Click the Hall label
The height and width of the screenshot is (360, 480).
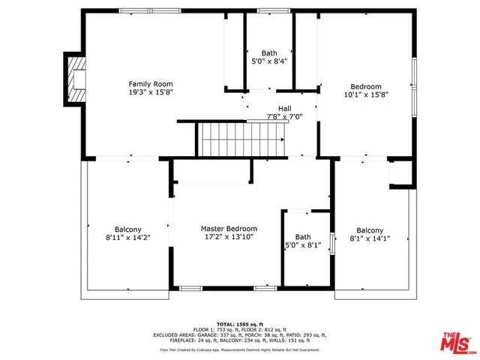pos(284,108)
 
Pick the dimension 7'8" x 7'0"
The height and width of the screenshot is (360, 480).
pos(284,117)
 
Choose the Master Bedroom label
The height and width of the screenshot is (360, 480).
pos(229,228)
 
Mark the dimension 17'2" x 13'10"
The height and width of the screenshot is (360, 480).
pos(229,237)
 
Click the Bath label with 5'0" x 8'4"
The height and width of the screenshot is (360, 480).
pos(268,53)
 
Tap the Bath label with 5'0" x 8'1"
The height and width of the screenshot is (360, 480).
pos(302,236)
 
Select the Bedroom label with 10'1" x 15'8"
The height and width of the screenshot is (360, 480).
pos(366,86)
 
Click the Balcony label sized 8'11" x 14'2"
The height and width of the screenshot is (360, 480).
pos(128,229)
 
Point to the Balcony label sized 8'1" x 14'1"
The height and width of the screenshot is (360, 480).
pos(370,230)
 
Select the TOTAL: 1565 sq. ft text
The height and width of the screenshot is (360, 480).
pos(241,320)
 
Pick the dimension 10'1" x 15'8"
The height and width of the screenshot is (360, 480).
pos(366,95)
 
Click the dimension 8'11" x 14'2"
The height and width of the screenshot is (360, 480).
pos(128,238)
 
